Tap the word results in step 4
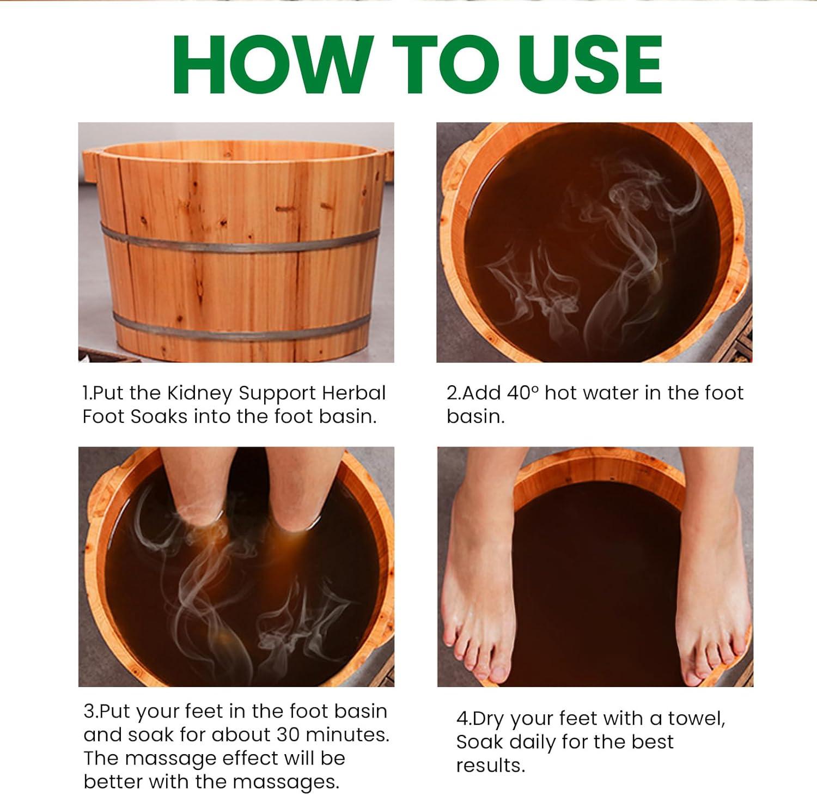[490, 766]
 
